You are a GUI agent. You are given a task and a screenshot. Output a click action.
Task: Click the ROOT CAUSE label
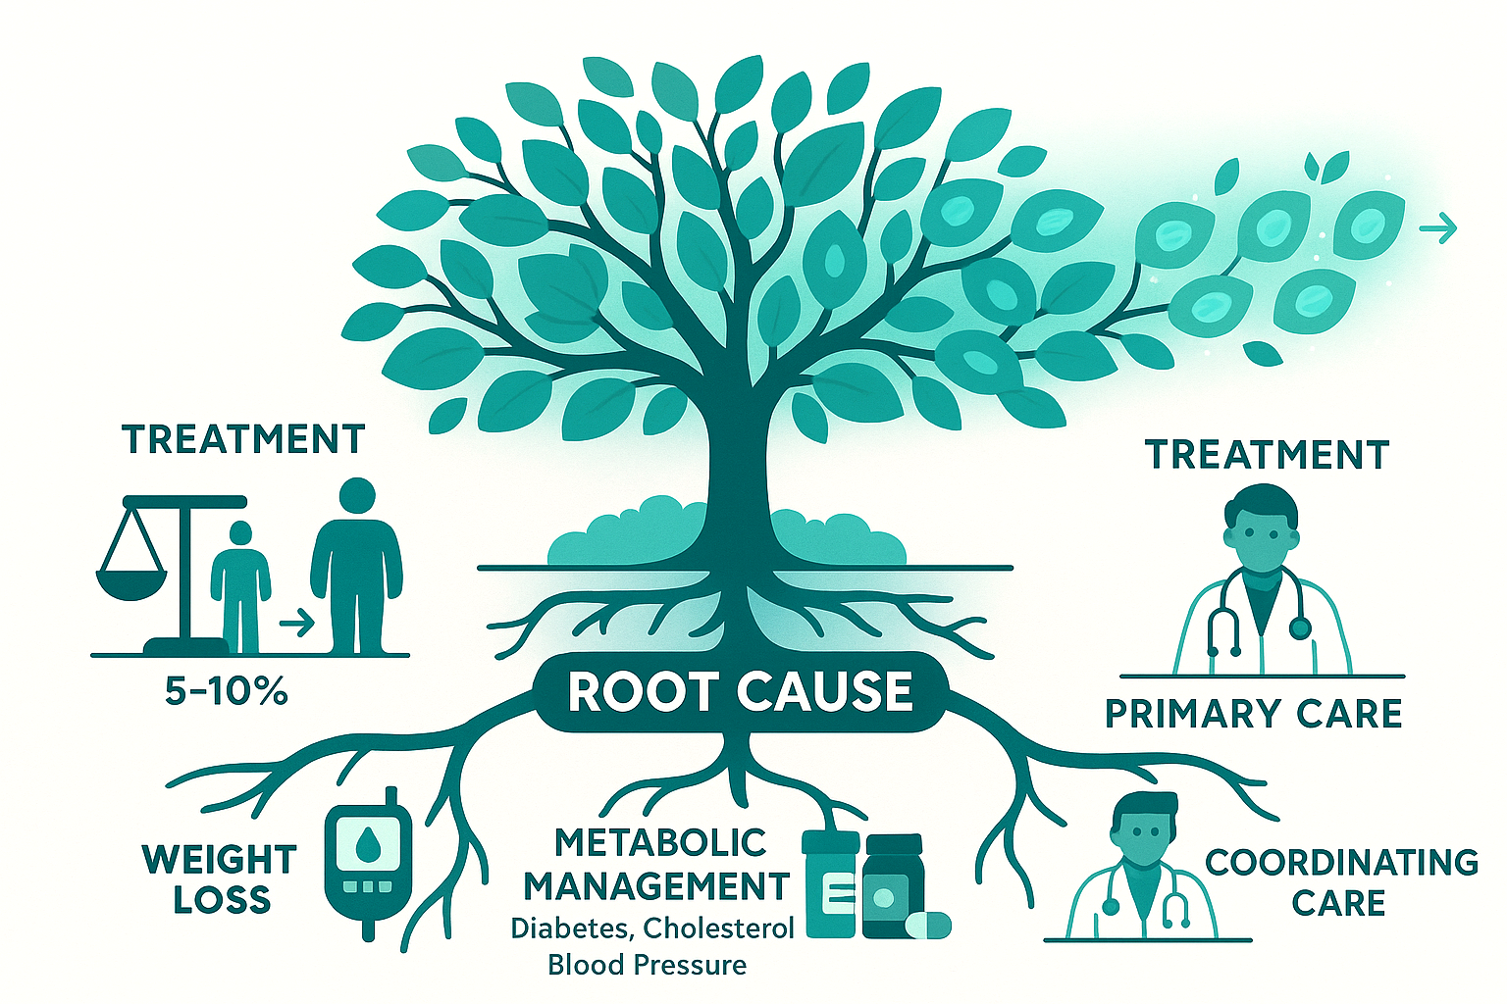click(x=741, y=691)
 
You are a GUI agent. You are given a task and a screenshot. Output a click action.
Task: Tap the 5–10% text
click(x=226, y=692)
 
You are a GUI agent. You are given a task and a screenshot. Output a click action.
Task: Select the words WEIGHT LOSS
click(x=219, y=879)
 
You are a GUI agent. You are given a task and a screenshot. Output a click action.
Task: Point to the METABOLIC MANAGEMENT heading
click(x=656, y=864)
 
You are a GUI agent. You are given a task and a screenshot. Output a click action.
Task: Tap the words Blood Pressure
click(x=647, y=965)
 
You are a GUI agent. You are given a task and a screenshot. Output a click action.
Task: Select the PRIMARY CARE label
click(x=1254, y=714)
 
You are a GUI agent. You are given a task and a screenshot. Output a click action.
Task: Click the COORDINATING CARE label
click(x=1341, y=881)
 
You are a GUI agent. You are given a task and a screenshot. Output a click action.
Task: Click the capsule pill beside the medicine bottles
click(x=927, y=925)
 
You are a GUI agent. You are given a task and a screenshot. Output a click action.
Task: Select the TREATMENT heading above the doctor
click(x=1267, y=455)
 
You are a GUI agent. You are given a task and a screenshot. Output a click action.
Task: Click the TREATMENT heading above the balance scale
click(x=243, y=439)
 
